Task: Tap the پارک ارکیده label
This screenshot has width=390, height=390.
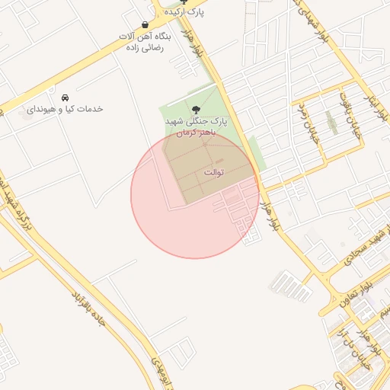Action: pyautogui.click(x=189, y=12)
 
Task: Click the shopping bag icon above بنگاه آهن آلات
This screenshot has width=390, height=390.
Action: pyautogui.click(x=145, y=24)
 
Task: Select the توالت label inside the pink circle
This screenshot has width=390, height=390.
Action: pyautogui.click(x=213, y=173)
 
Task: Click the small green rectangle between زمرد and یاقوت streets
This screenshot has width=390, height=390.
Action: pyautogui.click(x=331, y=122)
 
